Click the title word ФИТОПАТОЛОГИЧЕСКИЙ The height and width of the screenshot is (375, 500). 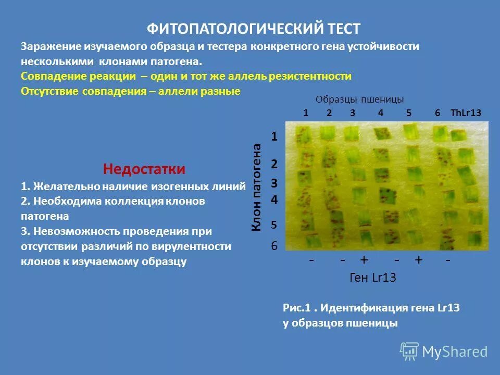coord(217,28)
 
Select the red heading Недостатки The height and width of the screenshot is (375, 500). coord(144,169)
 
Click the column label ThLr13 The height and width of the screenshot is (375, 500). coord(466,113)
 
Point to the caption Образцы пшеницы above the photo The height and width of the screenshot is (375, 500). coord(359,99)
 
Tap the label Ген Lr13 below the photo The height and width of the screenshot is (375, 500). coord(373,278)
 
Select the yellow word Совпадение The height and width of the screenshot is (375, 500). coord(52,77)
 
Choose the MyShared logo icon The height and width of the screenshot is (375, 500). coord(409,351)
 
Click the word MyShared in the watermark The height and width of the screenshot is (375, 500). coord(455,352)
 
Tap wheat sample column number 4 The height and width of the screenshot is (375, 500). coord(381,113)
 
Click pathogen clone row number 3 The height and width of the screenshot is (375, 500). coord(274,184)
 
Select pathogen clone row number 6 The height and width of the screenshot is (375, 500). coord(274,246)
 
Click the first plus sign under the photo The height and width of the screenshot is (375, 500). coord(364,259)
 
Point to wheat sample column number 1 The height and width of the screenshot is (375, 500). coord(306,113)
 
